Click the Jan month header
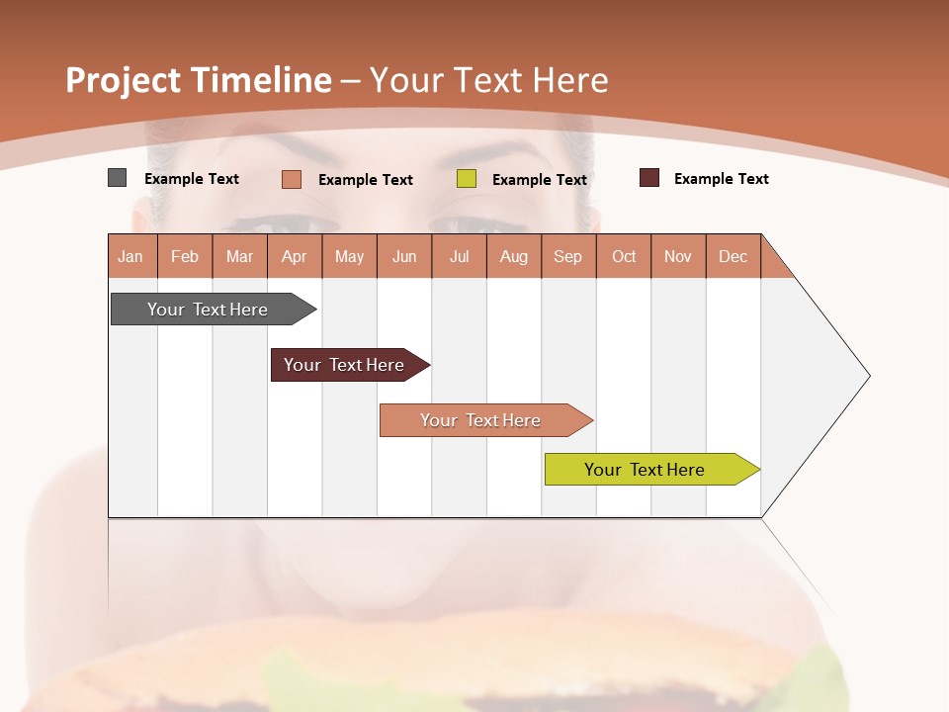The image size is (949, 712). (x=130, y=256)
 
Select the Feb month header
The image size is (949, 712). (x=185, y=256)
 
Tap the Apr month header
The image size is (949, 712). (x=294, y=256)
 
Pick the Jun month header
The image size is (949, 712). (x=404, y=256)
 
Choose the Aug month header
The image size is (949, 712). (x=513, y=256)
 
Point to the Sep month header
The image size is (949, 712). (x=567, y=256)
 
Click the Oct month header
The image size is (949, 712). (x=624, y=256)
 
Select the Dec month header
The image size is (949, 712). (x=733, y=256)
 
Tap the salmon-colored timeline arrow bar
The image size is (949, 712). (x=482, y=420)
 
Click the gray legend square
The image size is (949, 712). (x=117, y=178)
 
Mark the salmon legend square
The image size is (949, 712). (x=291, y=179)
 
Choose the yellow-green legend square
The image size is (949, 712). (x=467, y=179)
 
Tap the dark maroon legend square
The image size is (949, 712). (x=648, y=178)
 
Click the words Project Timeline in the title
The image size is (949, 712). (x=199, y=80)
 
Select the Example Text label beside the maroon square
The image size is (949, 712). (x=721, y=179)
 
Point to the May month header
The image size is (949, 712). (x=349, y=256)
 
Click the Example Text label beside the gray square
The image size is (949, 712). (x=191, y=179)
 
